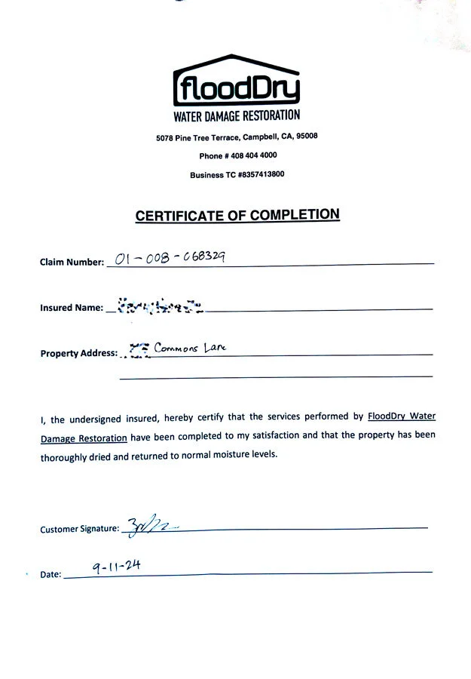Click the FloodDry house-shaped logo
click(x=237, y=81)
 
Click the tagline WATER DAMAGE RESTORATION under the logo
click(x=237, y=115)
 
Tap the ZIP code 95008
click(x=307, y=137)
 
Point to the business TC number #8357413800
click(x=261, y=174)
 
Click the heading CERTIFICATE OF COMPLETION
click(x=237, y=215)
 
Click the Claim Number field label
click(x=72, y=263)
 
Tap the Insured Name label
click(x=71, y=308)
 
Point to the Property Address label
click(x=78, y=353)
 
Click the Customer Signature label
click(x=79, y=529)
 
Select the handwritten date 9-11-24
click(x=118, y=565)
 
